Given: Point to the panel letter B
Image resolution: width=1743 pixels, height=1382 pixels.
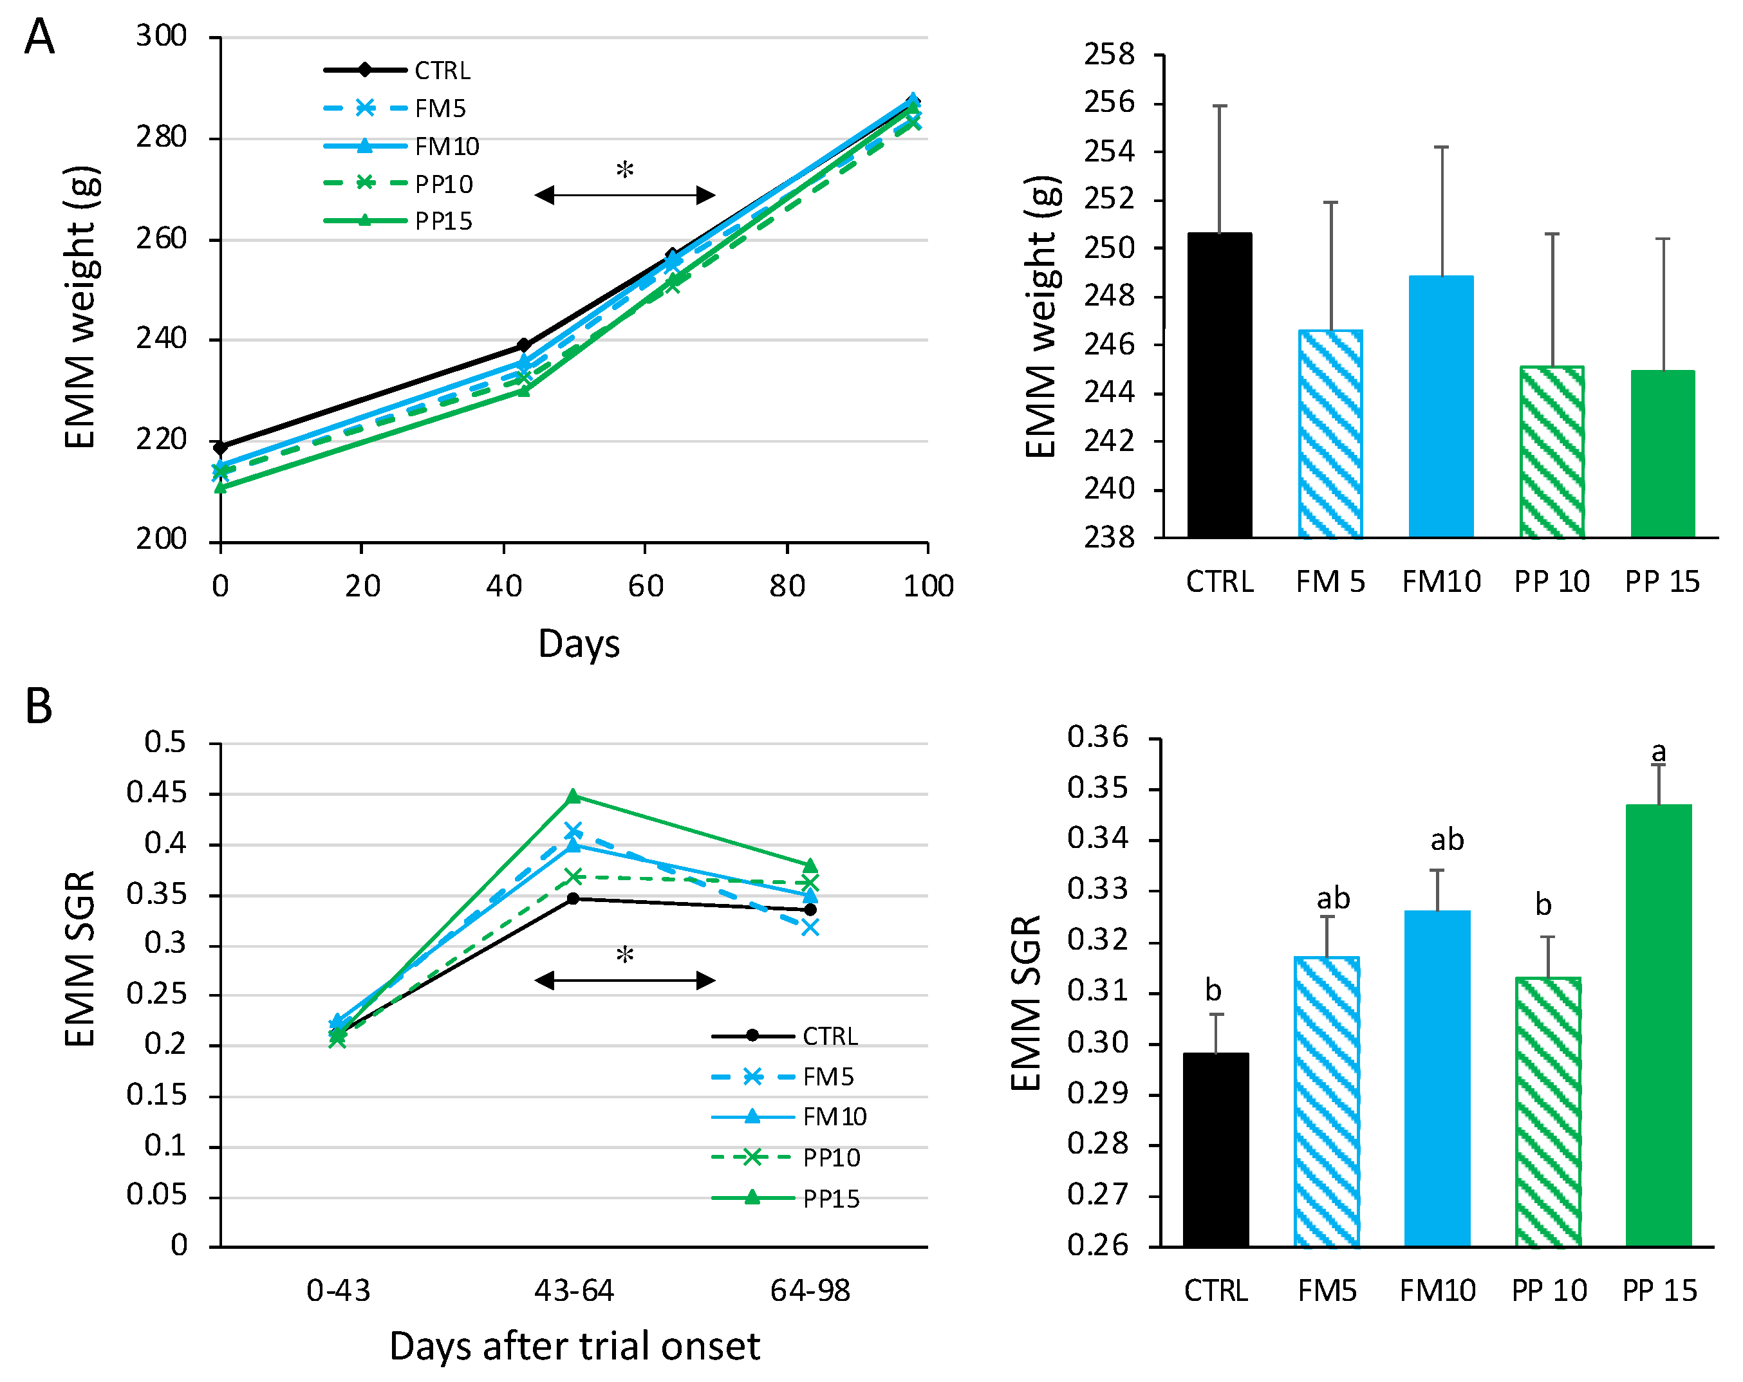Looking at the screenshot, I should pyautogui.click(x=39, y=706).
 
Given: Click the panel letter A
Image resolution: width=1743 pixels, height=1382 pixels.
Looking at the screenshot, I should pyautogui.click(x=39, y=37).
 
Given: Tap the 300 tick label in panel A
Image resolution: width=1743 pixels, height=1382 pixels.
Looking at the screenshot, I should pyautogui.click(x=161, y=37).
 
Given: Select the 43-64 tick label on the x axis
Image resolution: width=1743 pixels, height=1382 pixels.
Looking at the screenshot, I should pyautogui.click(x=574, y=1291).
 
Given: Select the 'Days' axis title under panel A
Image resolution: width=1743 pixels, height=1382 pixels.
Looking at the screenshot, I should pyautogui.click(x=579, y=644).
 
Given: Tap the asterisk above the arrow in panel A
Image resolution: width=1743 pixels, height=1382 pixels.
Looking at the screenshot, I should pyautogui.click(x=625, y=170).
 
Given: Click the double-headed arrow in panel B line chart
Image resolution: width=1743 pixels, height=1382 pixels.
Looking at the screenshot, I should pyautogui.click(x=625, y=981).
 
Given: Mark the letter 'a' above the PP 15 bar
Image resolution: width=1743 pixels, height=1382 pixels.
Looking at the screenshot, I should pyautogui.click(x=1658, y=752).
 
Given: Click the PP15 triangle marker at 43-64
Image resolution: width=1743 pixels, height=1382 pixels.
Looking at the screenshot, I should pyautogui.click(x=573, y=796).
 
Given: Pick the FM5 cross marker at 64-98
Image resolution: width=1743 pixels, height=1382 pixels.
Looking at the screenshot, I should pyautogui.click(x=810, y=928).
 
